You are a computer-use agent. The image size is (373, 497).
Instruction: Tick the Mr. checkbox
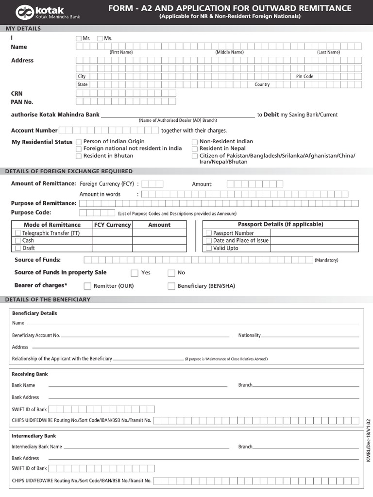pos(79,38)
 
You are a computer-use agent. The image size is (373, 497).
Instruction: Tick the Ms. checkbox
pos(100,38)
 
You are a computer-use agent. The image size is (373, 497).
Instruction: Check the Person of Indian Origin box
pos(79,142)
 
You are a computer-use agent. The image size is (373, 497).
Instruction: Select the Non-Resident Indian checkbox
pos(195,142)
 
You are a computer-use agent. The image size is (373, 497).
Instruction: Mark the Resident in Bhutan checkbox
pos(79,156)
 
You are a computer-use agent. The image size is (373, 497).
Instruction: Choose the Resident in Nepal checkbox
pos(195,149)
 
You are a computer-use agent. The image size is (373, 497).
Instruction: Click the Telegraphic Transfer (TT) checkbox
pos(18,233)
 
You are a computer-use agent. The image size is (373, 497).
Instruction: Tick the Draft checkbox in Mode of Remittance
pos(18,248)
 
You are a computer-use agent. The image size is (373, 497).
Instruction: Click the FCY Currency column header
pos(112,225)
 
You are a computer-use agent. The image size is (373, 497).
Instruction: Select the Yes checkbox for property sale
pos(135,273)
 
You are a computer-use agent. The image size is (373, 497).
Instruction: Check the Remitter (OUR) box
pos(88,286)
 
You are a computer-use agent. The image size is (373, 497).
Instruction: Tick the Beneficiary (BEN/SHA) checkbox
pos(171,286)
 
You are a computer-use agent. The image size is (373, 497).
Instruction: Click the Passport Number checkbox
pos(209,233)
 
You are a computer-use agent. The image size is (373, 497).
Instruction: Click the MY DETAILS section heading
pos(23,29)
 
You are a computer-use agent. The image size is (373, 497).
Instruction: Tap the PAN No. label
pos(22,102)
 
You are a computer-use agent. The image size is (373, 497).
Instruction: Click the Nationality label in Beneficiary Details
pos(249,335)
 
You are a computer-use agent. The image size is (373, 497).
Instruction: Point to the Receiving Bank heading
pos(30,374)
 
